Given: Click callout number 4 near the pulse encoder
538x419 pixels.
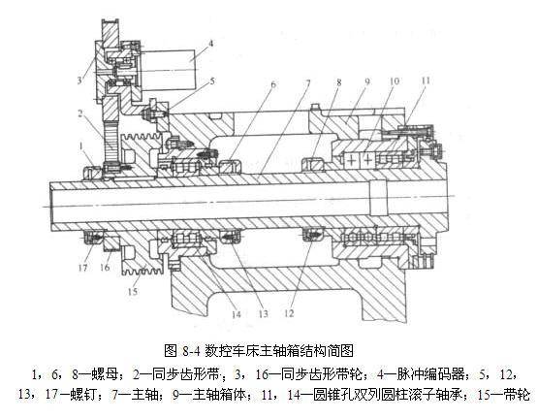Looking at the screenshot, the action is click(x=210, y=44).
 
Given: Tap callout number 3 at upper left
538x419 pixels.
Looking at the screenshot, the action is click(x=79, y=81).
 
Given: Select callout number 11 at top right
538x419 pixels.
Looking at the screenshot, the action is click(x=426, y=81).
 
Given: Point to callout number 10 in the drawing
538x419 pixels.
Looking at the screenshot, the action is click(x=395, y=81).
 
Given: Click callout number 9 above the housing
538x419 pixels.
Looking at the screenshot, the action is click(x=367, y=81).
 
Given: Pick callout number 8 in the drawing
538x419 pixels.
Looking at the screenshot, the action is click(x=339, y=82).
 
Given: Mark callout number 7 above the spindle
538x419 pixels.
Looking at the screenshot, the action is click(x=307, y=83).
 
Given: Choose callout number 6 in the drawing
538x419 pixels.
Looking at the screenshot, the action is click(x=273, y=84).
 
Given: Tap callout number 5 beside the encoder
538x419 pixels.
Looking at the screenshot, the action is click(x=212, y=81).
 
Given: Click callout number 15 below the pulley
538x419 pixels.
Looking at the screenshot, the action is click(x=133, y=292).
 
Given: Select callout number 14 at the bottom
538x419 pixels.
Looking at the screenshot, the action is click(x=237, y=314).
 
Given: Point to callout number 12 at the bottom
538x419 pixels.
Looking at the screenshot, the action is click(x=289, y=313).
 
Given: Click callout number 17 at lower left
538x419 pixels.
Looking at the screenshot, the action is click(x=83, y=267).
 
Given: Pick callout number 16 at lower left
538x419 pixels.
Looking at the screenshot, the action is click(x=105, y=267).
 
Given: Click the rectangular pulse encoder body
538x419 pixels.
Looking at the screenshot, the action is click(x=168, y=70).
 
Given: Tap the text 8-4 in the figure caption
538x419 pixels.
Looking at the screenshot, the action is click(x=191, y=351).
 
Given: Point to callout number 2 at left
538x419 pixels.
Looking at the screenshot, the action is click(x=79, y=113).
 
